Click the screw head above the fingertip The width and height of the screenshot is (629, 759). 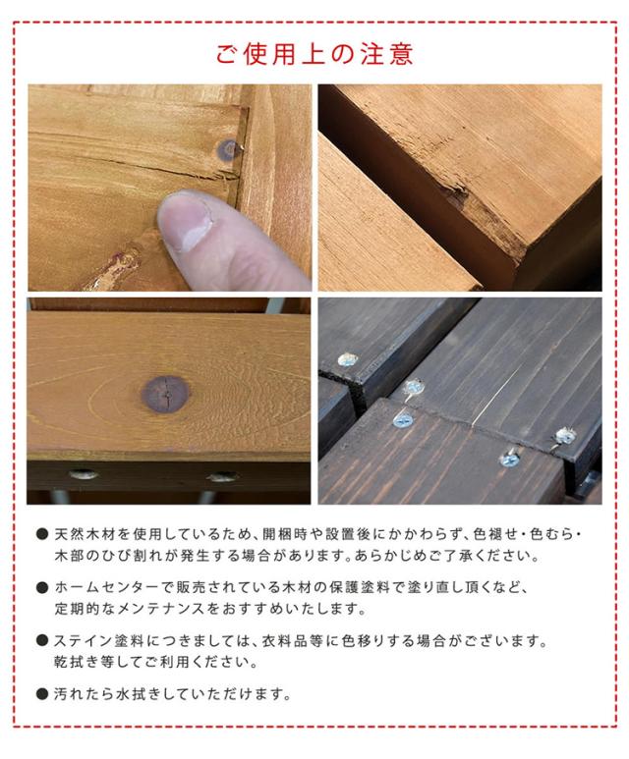(x=228, y=150)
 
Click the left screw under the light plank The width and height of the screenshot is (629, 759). (x=83, y=475)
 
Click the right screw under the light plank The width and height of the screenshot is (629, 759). (x=221, y=476)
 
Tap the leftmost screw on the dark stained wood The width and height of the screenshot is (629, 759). (x=347, y=359)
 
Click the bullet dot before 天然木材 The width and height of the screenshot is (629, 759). (x=42, y=535)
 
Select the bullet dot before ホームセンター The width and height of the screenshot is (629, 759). (x=42, y=588)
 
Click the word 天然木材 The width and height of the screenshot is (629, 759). (x=86, y=535)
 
